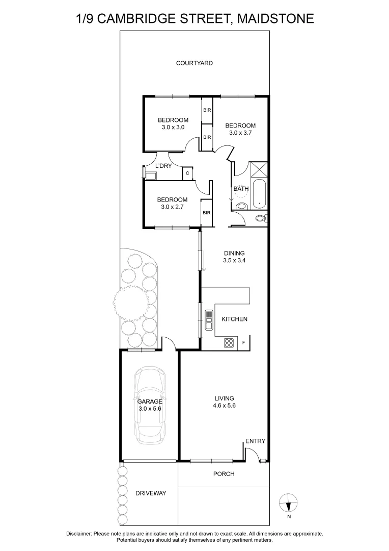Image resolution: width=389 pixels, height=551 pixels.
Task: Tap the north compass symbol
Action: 289,504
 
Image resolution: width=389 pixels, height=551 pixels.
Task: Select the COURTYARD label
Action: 194,63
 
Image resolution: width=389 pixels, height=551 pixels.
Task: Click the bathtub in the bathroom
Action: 259,193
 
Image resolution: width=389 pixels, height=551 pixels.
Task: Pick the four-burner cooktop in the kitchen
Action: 229,343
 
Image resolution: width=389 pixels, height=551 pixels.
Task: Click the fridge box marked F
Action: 243,342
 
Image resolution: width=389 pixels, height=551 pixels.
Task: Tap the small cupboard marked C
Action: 187,173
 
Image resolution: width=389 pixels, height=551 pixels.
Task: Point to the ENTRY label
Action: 255,441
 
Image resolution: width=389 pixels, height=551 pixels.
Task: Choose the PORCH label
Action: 224,474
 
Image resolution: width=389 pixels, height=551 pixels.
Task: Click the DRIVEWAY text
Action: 151,493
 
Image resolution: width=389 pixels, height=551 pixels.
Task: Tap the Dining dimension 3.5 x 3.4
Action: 234,260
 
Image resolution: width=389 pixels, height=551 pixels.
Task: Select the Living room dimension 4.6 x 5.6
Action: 224,406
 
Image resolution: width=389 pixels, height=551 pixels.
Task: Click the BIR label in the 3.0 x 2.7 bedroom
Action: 207,213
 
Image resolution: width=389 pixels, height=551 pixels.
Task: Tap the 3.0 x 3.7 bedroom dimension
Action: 241,133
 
